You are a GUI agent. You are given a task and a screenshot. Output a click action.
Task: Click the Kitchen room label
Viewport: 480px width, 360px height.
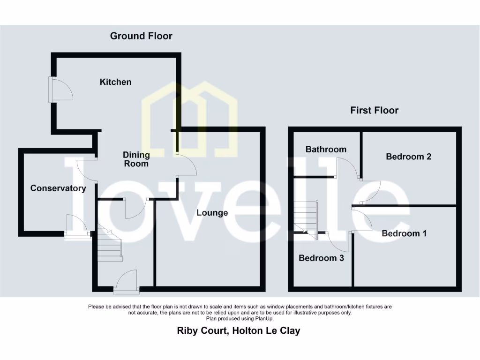[x=115, y=82]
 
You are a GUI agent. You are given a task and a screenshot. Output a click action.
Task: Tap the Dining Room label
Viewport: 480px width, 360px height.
[x=136, y=159]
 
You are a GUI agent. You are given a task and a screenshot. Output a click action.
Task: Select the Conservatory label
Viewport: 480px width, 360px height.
[x=58, y=188]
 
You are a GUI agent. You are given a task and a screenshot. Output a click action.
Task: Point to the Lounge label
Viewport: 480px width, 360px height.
[x=212, y=213]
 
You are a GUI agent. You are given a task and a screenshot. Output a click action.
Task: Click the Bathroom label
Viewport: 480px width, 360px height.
[x=326, y=150]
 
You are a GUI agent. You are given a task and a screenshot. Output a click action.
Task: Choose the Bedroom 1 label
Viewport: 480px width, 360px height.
[x=404, y=233]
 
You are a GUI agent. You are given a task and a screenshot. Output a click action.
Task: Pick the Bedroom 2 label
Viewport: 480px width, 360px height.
[x=408, y=157]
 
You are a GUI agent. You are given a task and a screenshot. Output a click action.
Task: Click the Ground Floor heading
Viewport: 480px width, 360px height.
[x=141, y=36]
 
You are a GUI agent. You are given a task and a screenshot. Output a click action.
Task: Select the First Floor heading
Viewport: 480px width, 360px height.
[x=374, y=111]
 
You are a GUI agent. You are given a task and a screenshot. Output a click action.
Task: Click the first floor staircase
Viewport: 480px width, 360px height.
[x=306, y=216]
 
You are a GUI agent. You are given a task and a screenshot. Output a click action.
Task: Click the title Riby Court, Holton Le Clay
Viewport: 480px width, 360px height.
[x=238, y=330]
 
